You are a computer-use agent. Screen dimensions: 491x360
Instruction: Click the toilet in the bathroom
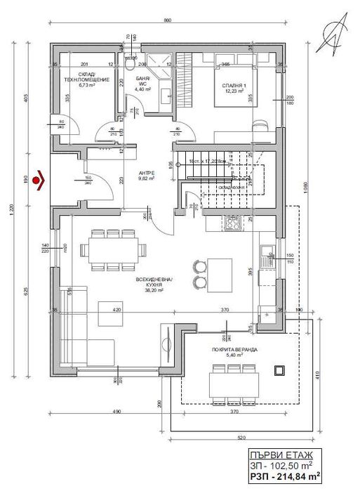(131, 64)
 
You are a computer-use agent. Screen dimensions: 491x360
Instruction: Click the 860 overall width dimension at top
(168, 20)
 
